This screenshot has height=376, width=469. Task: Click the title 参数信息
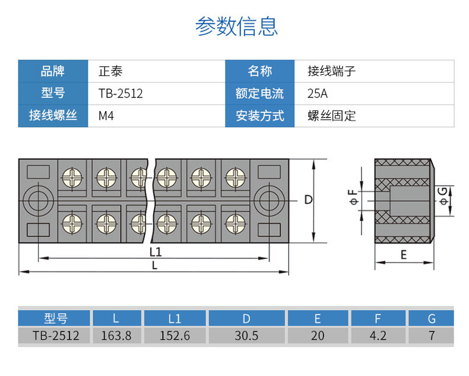click(x=236, y=26)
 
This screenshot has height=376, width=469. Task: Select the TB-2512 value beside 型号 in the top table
click(x=121, y=93)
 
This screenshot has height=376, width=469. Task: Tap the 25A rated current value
click(x=318, y=93)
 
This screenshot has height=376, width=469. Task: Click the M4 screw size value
click(x=106, y=116)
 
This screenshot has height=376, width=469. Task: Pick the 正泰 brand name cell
click(x=110, y=71)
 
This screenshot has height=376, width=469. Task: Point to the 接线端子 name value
click(x=331, y=71)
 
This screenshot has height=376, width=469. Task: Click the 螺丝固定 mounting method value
click(x=332, y=116)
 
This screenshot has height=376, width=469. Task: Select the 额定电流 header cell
click(x=259, y=93)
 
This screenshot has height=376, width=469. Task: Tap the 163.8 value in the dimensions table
click(x=116, y=336)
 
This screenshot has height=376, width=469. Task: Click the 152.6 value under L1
click(x=175, y=336)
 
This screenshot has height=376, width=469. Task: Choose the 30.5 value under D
click(x=246, y=336)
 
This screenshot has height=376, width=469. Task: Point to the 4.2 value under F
click(x=378, y=336)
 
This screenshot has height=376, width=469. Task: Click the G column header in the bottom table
click(x=432, y=318)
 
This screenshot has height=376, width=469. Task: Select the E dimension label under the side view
click(x=404, y=255)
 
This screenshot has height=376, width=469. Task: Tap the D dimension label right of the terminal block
click(x=308, y=200)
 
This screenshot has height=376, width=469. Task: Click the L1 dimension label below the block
click(x=156, y=252)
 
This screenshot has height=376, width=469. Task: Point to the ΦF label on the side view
click(x=354, y=197)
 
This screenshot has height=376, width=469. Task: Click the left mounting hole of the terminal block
click(x=38, y=201)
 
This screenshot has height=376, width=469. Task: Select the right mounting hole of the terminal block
click(x=269, y=201)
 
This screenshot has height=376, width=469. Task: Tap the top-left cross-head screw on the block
click(x=72, y=178)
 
